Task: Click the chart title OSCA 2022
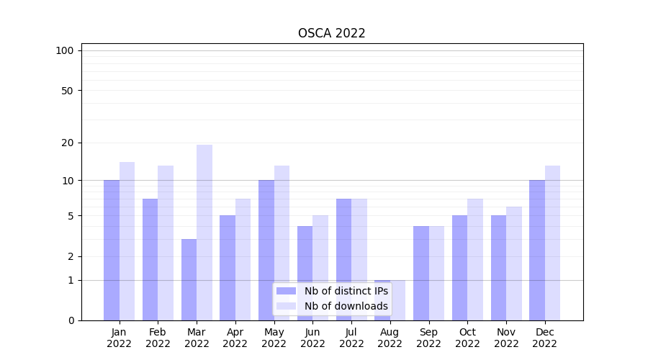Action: (x=332, y=33)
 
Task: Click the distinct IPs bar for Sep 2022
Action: (x=421, y=273)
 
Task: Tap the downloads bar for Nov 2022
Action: (x=514, y=264)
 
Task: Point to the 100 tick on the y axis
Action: (x=65, y=50)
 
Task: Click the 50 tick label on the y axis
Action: (x=67, y=91)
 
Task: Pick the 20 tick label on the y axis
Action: (x=67, y=143)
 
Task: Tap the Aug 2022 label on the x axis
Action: (x=390, y=338)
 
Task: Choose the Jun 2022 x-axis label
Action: (x=312, y=338)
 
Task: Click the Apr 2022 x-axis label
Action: (x=235, y=338)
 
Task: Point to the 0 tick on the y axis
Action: (x=71, y=320)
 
